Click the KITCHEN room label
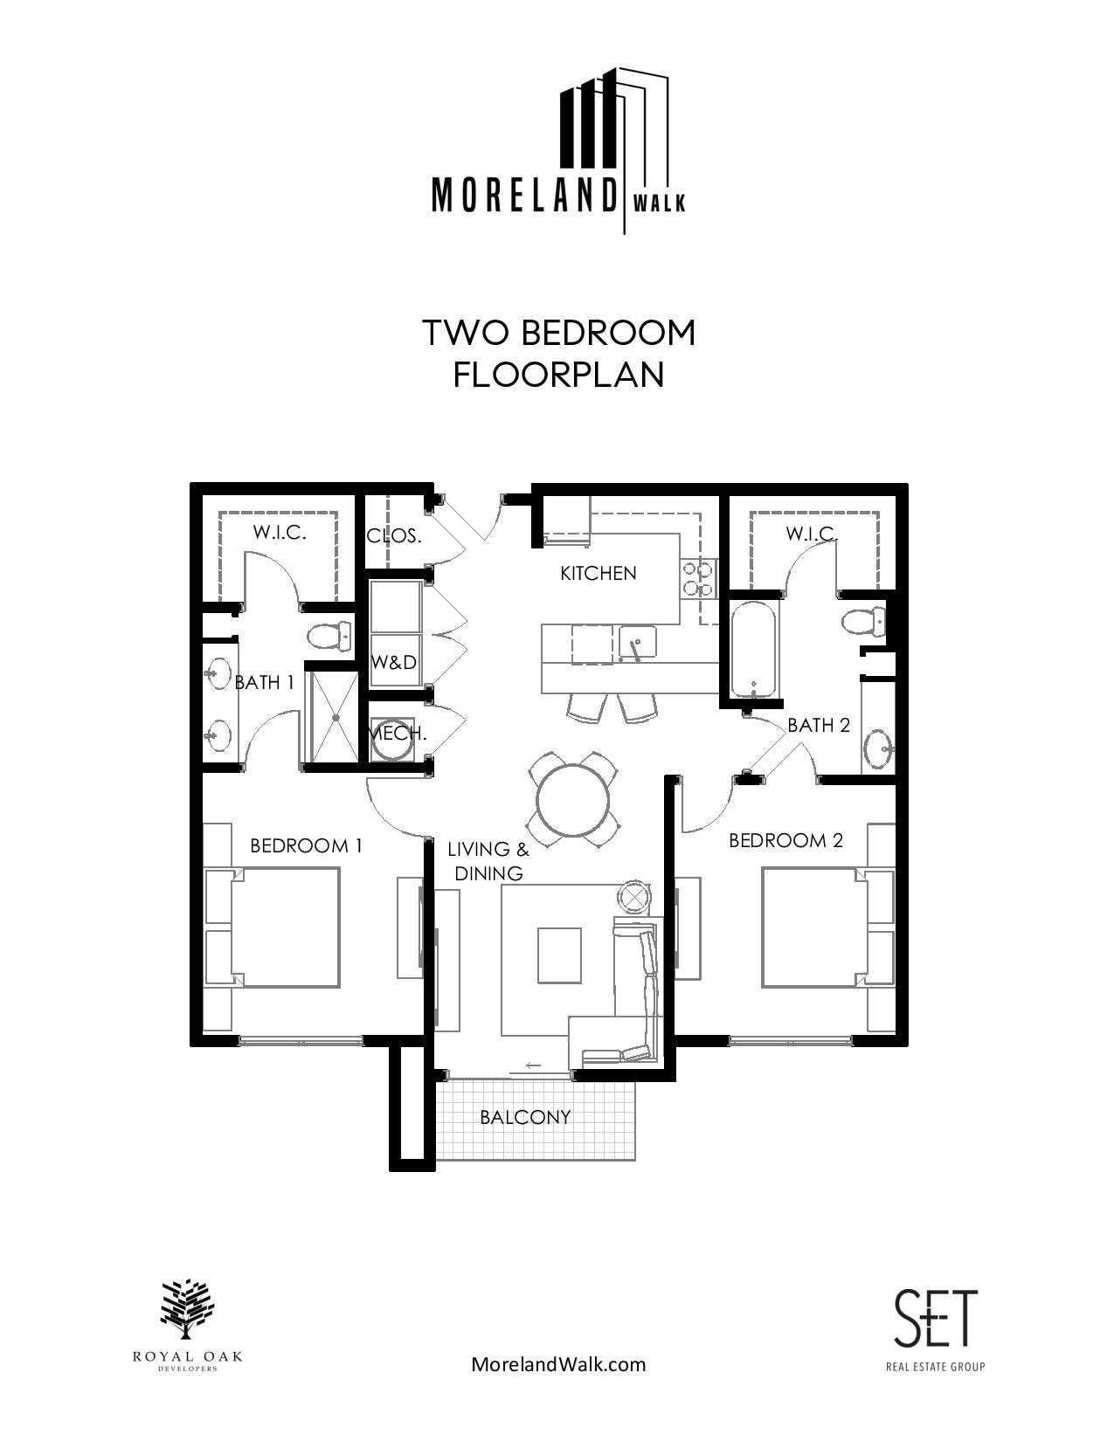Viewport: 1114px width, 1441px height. [598, 573]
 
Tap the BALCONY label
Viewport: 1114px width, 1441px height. [525, 1117]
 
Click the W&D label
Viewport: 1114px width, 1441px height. [394, 661]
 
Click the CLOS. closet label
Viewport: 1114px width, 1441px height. [394, 536]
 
